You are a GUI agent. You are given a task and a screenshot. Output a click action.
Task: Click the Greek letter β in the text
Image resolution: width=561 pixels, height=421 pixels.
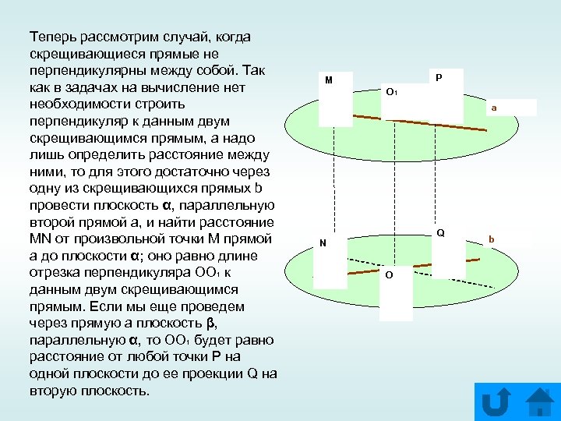(x=211, y=323)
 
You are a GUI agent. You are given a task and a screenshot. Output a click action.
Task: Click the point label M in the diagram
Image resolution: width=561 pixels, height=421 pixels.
(x=329, y=80)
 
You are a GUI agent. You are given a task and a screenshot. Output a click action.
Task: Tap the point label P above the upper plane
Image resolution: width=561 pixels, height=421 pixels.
(x=439, y=78)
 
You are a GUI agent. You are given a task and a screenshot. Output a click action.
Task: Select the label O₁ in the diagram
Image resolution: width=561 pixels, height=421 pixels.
(x=392, y=92)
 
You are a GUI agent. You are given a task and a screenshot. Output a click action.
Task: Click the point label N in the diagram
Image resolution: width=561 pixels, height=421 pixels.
(x=323, y=243)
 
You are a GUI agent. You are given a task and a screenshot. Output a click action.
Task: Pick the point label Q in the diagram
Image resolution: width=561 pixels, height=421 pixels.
(x=440, y=233)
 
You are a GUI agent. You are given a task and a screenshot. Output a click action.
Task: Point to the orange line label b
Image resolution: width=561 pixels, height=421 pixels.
(x=492, y=239)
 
